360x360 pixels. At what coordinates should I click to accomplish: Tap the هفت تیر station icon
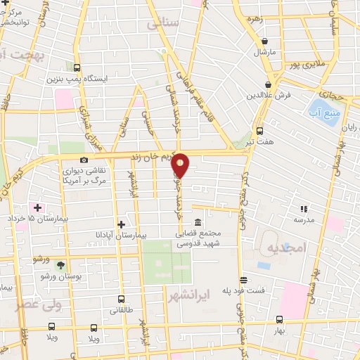(x=260, y=131)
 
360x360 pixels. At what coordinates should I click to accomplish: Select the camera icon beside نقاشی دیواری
(x=84, y=160)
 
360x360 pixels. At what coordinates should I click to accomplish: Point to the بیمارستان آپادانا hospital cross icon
(x=121, y=224)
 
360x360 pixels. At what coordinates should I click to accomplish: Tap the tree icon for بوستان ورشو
(x=60, y=266)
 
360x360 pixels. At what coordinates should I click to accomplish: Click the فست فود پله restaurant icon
(x=243, y=278)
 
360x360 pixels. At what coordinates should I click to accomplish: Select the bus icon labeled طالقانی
(x=121, y=299)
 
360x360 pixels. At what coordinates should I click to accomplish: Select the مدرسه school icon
(x=304, y=209)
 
